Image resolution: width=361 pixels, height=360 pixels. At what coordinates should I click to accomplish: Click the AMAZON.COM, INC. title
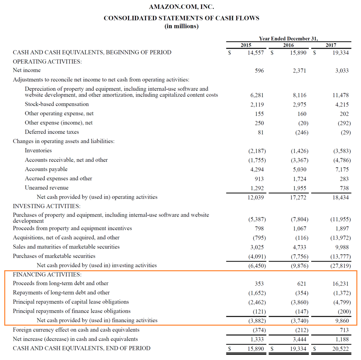(181, 7)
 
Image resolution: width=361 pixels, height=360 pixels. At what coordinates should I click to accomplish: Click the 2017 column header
(331, 45)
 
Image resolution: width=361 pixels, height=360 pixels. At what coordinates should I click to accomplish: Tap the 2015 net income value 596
(259, 70)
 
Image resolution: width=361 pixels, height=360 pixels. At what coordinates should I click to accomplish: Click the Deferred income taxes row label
(52, 132)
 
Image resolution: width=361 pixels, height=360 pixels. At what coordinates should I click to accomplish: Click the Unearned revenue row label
(47, 188)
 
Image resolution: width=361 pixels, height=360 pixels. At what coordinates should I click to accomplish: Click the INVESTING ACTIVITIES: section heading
(47, 206)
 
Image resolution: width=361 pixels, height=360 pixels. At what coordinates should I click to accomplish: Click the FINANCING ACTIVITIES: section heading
(47, 274)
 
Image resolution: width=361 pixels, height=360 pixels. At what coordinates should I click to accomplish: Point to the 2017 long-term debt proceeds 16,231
(341, 284)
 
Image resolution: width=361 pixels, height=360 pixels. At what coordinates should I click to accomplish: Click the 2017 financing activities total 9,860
(342, 321)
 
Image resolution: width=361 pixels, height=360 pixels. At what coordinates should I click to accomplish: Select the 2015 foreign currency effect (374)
(259, 330)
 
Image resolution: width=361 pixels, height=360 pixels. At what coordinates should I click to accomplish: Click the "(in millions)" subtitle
(181, 27)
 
